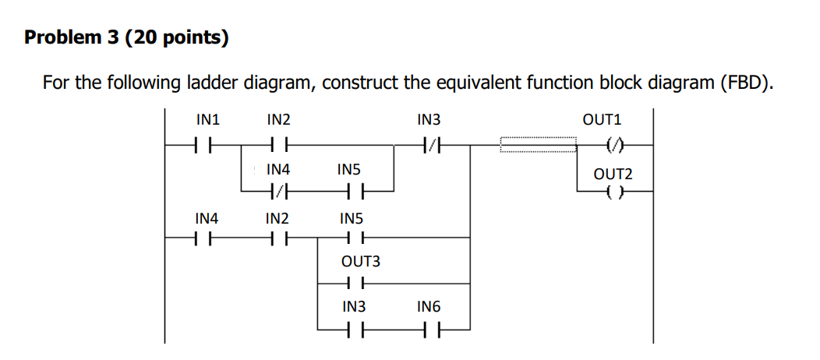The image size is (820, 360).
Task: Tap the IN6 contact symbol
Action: (429, 330)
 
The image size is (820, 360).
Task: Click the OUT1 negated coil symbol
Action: (613, 145)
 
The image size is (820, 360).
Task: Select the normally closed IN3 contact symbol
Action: (429, 145)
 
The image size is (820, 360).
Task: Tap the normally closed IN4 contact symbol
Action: (278, 192)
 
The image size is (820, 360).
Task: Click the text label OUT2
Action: (613, 175)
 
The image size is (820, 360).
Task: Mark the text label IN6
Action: (429, 307)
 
